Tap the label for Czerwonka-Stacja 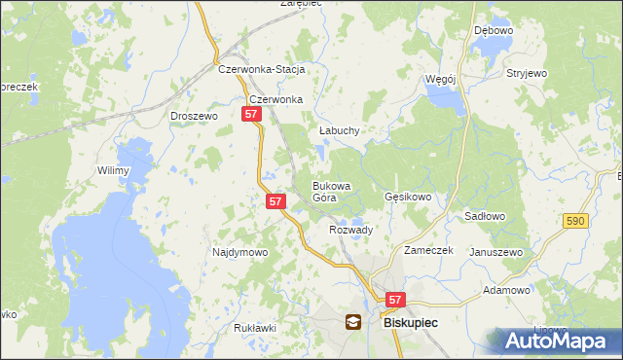click(263, 70)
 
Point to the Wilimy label click(113, 170)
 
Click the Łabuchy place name click(340, 130)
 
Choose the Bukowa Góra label click(331, 191)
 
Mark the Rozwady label click(351, 230)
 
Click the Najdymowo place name click(239, 252)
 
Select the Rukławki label click(255, 328)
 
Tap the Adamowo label click(506, 290)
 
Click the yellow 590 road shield click(574, 222)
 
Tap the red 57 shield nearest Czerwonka click(251, 114)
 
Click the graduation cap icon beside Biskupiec click(352, 322)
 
